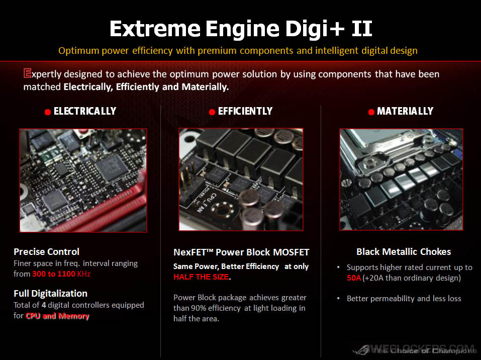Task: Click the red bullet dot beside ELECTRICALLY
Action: tap(48, 112)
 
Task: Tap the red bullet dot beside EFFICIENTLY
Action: tap(212, 112)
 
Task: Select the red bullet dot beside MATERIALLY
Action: tap(371, 112)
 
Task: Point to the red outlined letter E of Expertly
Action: tap(27, 73)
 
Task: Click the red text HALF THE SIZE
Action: tap(201, 277)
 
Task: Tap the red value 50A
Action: tap(354, 278)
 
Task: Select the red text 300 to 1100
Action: tap(54, 274)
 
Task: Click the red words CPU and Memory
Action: tap(57, 316)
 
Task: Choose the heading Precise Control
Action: tap(47, 252)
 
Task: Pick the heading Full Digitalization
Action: tap(51, 294)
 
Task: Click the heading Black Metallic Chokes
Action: tap(404, 252)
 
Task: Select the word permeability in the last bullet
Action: tap(393, 299)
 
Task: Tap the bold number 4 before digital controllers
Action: tap(44, 305)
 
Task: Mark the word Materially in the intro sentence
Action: tap(205, 87)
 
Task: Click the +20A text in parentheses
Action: tap(373, 278)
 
